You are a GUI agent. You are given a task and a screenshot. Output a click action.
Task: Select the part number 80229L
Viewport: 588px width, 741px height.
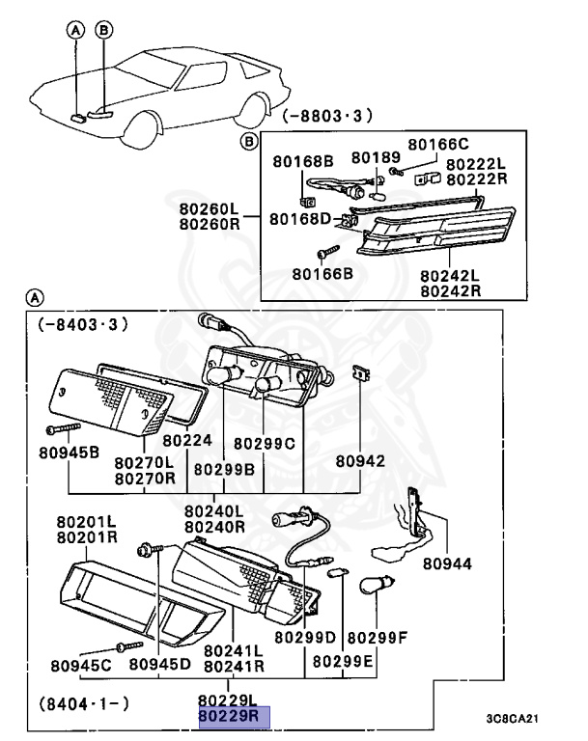[x=229, y=700]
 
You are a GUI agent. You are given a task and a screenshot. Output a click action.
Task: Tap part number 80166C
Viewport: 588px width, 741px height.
[x=437, y=144]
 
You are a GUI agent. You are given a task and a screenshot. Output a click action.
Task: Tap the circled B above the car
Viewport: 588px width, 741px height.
[x=102, y=31]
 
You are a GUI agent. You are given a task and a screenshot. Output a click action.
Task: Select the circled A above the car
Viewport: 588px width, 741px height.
[x=76, y=31]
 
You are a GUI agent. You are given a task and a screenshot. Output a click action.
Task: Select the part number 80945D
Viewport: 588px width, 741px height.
[x=160, y=663]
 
